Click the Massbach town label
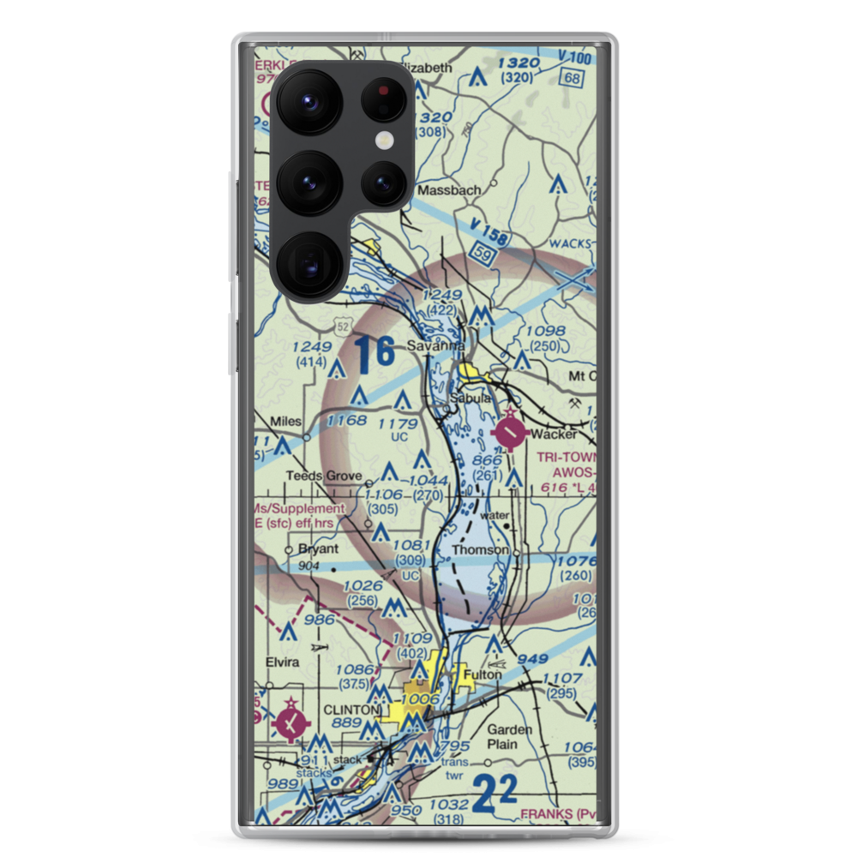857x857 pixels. point(449,190)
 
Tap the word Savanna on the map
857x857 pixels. point(435,346)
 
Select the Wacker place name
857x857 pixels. point(554,434)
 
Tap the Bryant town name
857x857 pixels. point(318,549)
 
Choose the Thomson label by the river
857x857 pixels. point(480,550)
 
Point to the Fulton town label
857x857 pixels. point(481,674)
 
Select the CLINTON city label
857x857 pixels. point(351,710)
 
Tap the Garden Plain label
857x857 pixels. point(510,737)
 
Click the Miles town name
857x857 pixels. point(285,422)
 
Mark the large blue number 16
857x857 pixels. point(375,354)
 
